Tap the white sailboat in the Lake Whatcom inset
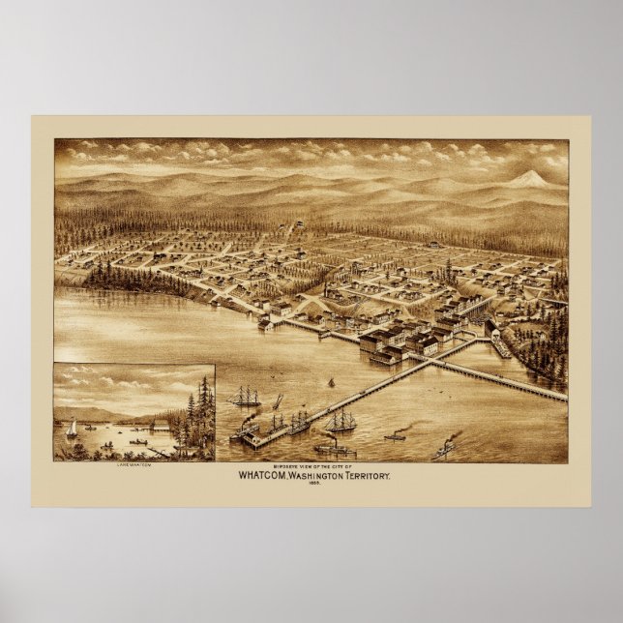(x=72, y=429)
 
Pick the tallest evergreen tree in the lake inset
(x=203, y=406)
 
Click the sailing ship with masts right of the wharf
(x=341, y=420)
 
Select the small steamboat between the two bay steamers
(x=394, y=437)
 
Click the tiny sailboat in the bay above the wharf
(x=330, y=383)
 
